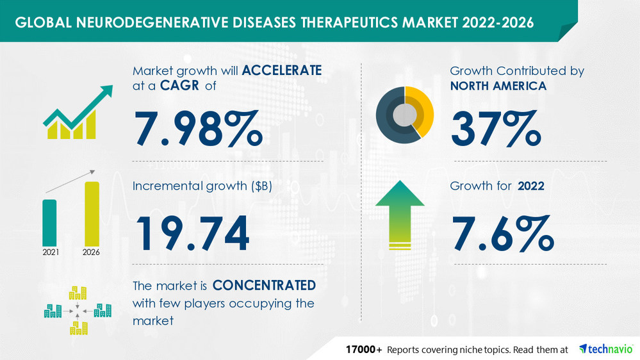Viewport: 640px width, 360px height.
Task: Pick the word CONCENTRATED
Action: [264, 284]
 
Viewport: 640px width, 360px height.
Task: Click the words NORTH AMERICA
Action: [498, 86]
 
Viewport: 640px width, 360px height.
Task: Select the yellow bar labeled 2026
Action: [92, 213]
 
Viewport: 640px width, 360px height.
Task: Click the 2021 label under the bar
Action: [51, 252]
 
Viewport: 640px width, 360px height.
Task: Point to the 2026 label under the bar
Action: [92, 252]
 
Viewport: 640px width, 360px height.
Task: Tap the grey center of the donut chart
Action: [404, 115]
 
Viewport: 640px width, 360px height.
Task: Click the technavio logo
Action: [605, 348]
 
